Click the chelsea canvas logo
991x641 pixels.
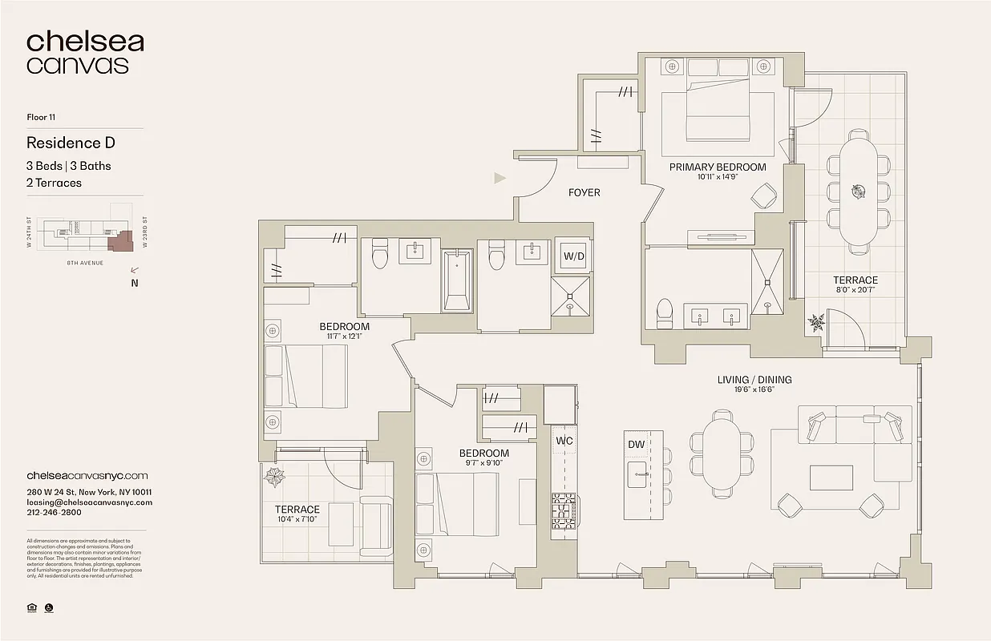(x=84, y=53)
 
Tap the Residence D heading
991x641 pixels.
(x=71, y=143)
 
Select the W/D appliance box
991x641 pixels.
(x=574, y=256)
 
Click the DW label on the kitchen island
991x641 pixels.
(x=636, y=445)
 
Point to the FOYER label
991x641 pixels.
(x=584, y=192)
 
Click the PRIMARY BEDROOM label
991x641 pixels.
(x=718, y=167)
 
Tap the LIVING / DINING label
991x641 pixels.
(x=754, y=380)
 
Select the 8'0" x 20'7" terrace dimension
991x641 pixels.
(x=855, y=291)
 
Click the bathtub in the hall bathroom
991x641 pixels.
(x=457, y=280)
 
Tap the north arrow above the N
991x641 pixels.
(x=133, y=271)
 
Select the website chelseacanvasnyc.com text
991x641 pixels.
(x=87, y=476)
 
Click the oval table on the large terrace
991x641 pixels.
(x=858, y=191)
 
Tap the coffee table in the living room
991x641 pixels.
(x=831, y=478)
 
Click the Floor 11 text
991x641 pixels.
(x=41, y=118)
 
